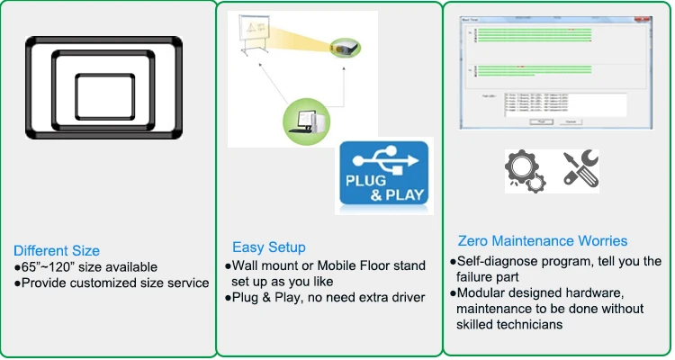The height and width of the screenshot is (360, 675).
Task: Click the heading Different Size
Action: pyautogui.click(x=56, y=250)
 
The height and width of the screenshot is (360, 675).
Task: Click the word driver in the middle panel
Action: pyautogui.click(x=403, y=296)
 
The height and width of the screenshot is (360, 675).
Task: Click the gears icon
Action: pyautogui.click(x=521, y=170)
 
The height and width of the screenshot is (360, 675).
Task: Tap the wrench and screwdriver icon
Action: pyautogui.click(x=581, y=170)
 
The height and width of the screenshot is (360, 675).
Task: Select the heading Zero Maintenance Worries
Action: pyautogui.click(x=542, y=241)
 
